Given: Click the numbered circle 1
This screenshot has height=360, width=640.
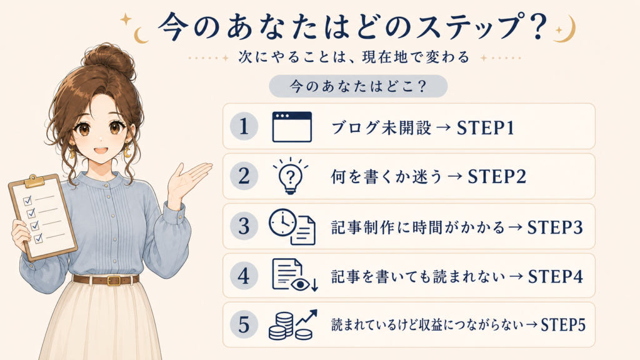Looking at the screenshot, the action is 244,126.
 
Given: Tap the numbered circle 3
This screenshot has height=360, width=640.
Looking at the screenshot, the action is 244,226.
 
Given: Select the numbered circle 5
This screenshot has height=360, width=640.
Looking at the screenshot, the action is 244,324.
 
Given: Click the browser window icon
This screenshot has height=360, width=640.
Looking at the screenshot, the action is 292,126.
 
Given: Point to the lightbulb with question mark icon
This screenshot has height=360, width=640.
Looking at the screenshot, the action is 290,176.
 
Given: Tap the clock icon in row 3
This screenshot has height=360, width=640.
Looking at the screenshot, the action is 282,222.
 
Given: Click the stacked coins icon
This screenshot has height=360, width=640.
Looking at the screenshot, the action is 282,326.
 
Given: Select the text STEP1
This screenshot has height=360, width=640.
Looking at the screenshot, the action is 485,127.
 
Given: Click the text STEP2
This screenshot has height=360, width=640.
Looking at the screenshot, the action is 497,177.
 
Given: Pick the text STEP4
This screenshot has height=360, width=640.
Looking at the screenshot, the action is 556,276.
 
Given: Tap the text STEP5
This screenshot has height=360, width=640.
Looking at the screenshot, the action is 563,325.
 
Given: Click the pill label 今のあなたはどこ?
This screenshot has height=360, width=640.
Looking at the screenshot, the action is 358,86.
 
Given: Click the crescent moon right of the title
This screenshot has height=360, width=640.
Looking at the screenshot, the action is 567,29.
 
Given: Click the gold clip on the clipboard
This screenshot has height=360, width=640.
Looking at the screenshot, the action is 35,181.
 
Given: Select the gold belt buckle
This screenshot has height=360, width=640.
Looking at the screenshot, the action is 114,281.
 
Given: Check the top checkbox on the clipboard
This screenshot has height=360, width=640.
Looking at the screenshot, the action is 27,201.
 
